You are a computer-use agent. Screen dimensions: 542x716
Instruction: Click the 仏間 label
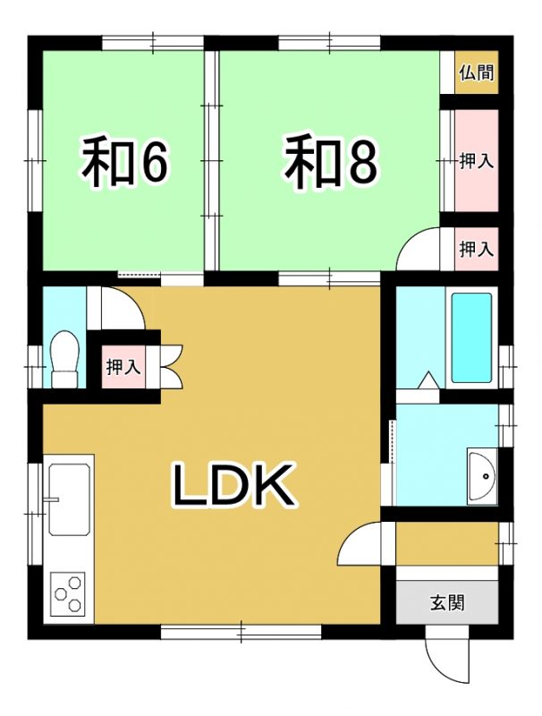click(477, 72)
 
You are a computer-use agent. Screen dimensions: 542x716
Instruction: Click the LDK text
click(232, 484)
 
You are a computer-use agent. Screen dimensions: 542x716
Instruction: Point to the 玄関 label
click(447, 603)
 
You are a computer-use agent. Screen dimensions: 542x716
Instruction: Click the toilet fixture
click(64, 360)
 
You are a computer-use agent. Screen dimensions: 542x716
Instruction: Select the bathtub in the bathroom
click(471, 338)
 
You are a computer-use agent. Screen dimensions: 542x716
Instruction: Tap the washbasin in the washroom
click(482, 476)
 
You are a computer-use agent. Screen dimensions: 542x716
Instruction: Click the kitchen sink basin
click(69, 499)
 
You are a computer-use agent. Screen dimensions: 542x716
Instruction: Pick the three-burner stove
click(69, 593)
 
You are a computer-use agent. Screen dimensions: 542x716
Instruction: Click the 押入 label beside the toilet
click(123, 367)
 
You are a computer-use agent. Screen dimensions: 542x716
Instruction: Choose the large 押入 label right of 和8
click(477, 161)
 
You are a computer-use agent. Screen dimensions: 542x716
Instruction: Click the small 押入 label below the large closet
click(477, 250)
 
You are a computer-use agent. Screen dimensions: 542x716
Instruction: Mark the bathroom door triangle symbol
click(428, 380)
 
